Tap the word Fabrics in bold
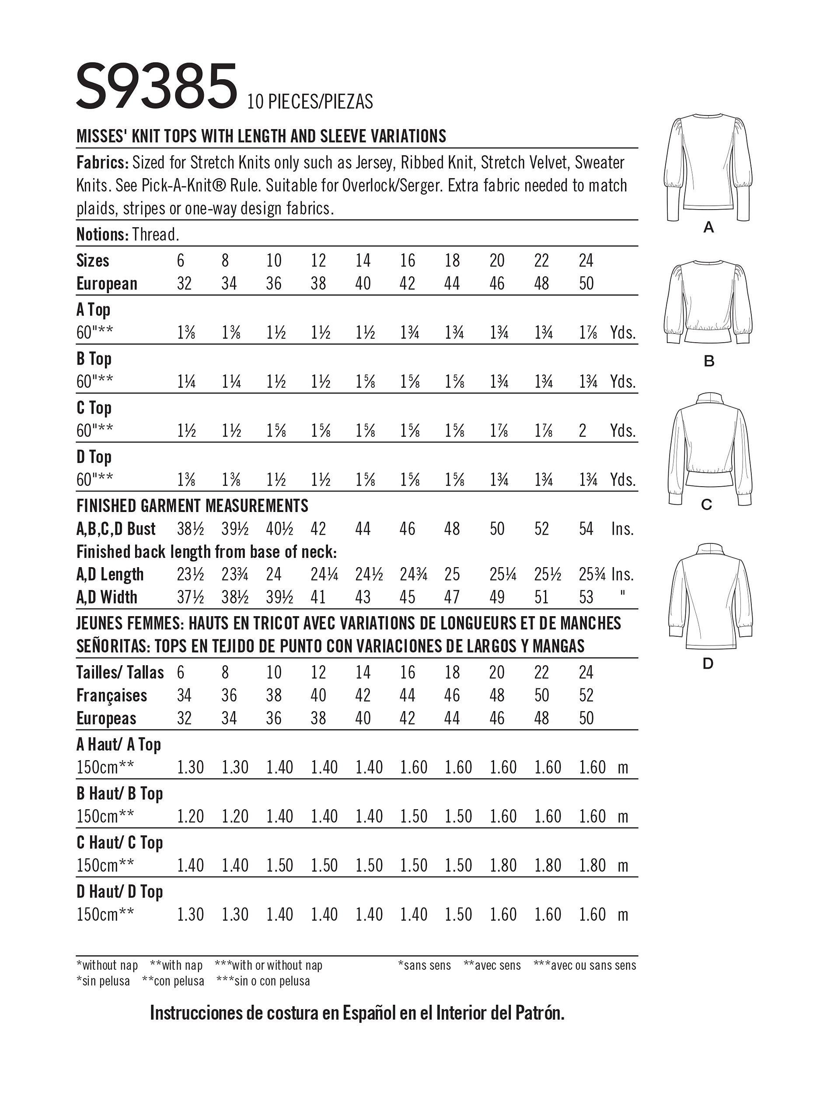101,162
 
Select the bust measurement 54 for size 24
586,529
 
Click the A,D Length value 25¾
593,574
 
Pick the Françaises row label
112,695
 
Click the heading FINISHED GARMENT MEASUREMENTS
192,505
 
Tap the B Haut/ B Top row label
120,793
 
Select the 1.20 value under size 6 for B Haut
190,816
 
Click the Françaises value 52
586,695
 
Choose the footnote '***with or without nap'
269,965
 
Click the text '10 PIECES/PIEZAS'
311,102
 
